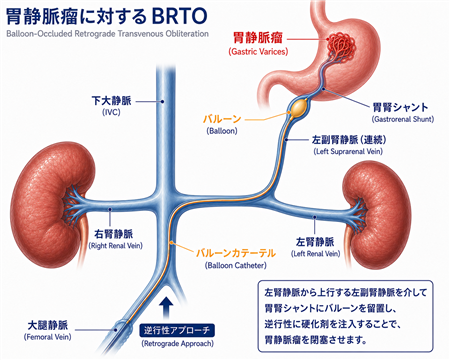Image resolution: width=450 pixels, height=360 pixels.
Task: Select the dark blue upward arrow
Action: click(166, 308)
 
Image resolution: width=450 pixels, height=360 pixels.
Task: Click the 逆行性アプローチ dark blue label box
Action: click(177, 330)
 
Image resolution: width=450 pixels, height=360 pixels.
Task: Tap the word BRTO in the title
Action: click(179, 15)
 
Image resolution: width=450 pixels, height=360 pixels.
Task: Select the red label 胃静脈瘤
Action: click(258, 38)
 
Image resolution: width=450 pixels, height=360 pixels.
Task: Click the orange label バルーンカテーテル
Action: click(236, 253)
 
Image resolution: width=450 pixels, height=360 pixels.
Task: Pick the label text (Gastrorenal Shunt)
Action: click(403, 119)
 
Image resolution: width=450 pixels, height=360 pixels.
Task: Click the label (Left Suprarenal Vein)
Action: click(348, 151)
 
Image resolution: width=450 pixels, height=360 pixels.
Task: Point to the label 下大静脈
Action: click(111, 100)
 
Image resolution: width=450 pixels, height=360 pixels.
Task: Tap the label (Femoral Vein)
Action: click(48, 337)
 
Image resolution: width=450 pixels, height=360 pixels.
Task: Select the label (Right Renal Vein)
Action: click(115, 246)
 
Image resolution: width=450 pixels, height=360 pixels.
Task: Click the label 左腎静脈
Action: click(315, 241)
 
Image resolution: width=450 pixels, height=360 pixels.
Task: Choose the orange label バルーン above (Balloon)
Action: click(222, 119)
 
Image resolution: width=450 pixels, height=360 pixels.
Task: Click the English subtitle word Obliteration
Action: click(187, 34)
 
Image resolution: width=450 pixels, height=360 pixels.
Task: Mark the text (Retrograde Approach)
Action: click(177, 343)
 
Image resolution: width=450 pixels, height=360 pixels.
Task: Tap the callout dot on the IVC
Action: click(163, 101)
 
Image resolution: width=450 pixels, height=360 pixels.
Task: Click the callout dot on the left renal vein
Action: click(314, 217)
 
